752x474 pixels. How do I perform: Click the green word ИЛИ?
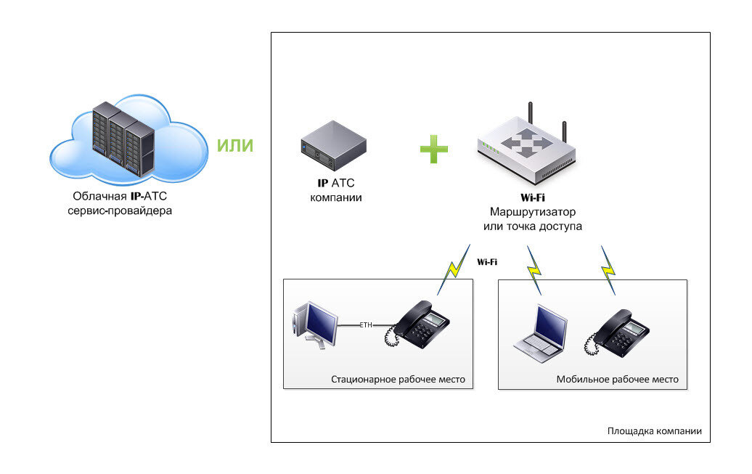tap(235, 145)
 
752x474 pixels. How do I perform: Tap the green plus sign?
tap(434, 150)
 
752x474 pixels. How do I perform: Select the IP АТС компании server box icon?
tap(334, 146)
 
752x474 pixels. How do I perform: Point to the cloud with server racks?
tap(128, 139)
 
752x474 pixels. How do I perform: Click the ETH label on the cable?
tap(366, 324)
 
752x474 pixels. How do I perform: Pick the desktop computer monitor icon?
tap(315, 324)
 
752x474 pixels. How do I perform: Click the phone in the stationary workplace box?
tap(417, 324)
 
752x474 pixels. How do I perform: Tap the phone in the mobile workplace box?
tap(617, 333)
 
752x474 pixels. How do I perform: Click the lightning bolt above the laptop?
tap(534, 270)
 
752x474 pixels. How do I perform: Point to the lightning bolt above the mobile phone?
tap(608, 270)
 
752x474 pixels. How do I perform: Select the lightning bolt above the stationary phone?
tap(454, 269)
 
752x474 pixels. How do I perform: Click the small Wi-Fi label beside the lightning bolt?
tap(487, 262)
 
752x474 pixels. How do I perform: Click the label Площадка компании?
tap(655, 431)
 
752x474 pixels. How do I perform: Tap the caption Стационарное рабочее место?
tap(398, 379)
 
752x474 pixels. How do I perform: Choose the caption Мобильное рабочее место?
tap(617, 379)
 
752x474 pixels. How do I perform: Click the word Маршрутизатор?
tap(533, 212)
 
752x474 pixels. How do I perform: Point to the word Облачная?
tap(99, 196)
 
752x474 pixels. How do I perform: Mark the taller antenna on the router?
tap(531, 113)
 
